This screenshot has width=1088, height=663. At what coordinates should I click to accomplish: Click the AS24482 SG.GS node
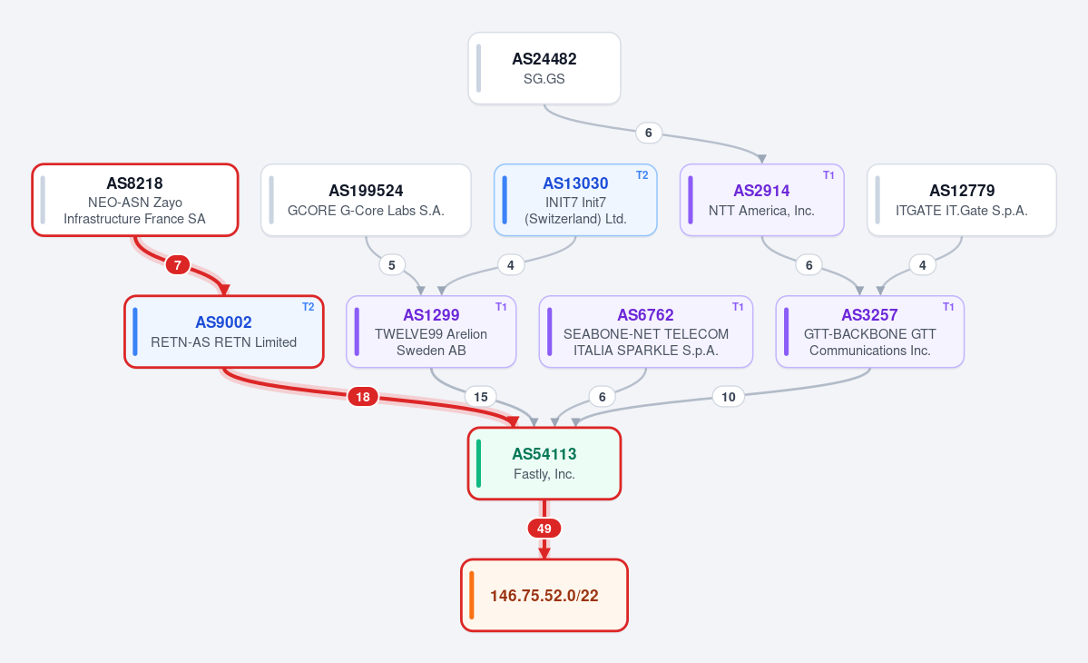click(x=544, y=68)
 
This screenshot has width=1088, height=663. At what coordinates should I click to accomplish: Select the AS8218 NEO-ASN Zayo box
click(x=135, y=200)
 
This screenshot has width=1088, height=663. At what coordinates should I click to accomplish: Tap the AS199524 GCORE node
click(x=366, y=200)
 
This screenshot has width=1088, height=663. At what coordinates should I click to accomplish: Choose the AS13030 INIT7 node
click(x=575, y=200)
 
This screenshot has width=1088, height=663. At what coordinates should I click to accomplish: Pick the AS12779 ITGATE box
click(x=962, y=200)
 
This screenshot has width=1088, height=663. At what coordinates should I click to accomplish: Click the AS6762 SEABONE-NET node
click(x=646, y=331)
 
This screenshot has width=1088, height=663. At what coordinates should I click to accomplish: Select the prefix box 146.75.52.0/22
click(x=544, y=595)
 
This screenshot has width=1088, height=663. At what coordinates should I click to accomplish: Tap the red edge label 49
click(x=544, y=529)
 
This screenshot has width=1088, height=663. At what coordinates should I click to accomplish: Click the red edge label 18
click(x=363, y=396)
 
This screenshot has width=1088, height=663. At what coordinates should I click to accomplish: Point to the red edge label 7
click(x=178, y=264)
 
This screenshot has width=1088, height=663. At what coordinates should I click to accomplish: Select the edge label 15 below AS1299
click(x=481, y=396)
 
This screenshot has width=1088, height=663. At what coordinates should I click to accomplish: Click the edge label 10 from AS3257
click(x=729, y=396)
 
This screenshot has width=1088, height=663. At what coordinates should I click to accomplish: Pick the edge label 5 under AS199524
click(x=392, y=264)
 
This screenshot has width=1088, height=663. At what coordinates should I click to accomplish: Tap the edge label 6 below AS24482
click(x=649, y=133)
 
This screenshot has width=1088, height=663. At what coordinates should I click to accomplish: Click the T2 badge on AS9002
click(x=309, y=307)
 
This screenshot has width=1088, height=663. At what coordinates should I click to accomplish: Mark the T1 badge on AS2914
click(x=828, y=175)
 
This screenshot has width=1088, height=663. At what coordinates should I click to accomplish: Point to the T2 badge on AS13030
click(x=642, y=175)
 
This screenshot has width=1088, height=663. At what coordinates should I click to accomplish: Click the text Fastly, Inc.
click(x=544, y=474)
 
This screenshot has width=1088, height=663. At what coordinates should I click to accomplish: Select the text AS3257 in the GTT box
click(x=869, y=315)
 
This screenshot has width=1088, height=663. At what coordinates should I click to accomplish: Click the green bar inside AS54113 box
click(x=479, y=463)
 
